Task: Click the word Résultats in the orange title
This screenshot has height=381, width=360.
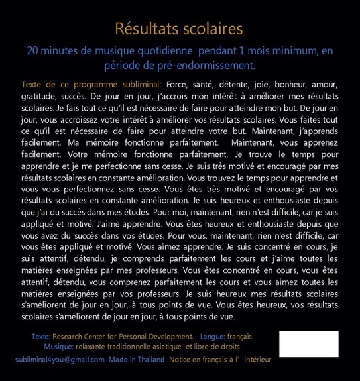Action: click(x=146, y=29)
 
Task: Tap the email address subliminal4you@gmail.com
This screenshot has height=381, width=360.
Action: click(x=60, y=359)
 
